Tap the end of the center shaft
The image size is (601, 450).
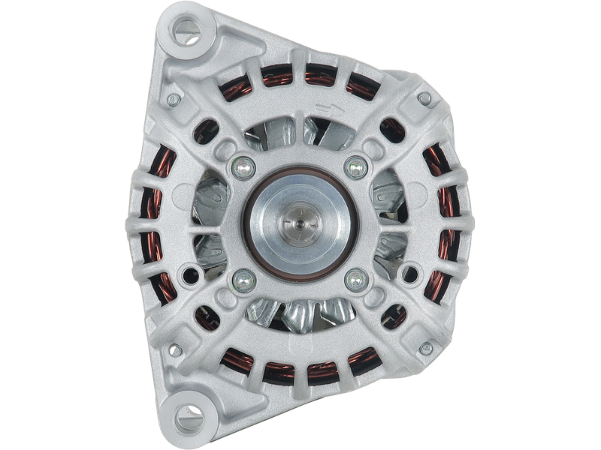[x=298, y=223]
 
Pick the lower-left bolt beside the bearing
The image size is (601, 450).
[x=241, y=280]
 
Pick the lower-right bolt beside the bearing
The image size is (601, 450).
[x=355, y=280]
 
